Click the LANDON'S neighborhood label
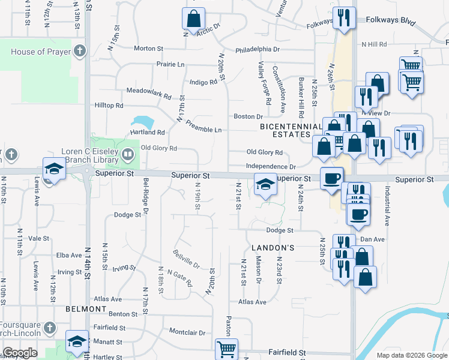click(x=273, y=247)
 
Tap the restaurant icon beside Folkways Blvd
click(x=344, y=17)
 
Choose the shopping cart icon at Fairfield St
click(x=226, y=349)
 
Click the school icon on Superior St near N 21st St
click(x=265, y=184)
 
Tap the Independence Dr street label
click(x=271, y=166)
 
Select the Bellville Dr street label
click(x=185, y=259)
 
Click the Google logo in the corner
click(x=20, y=353)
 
